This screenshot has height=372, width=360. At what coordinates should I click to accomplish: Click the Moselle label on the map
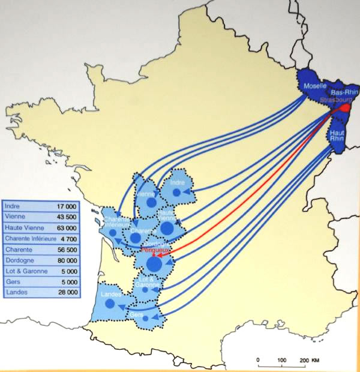pyautogui.click(x=315, y=86)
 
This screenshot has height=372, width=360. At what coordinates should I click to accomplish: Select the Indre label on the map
pyautogui.click(x=176, y=182)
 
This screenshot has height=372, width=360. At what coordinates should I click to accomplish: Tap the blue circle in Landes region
pyautogui.click(x=110, y=304)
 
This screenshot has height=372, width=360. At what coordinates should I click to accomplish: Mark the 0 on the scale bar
pyautogui.click(x=258, y=359)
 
